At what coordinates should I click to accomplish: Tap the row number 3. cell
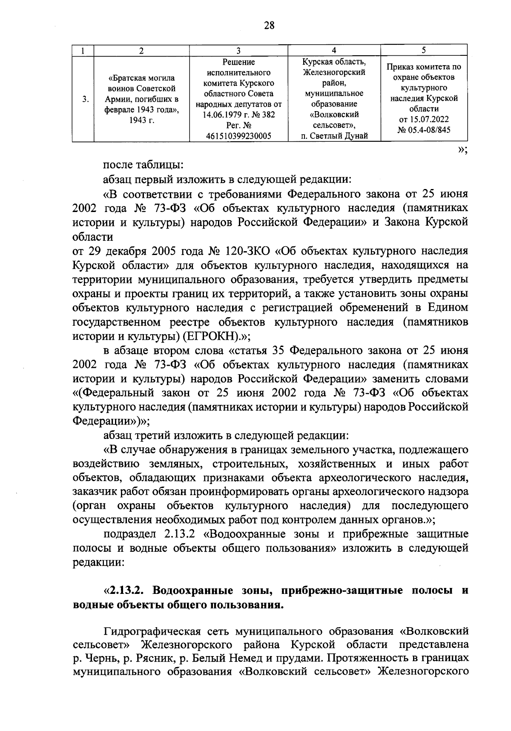tap(86, 99)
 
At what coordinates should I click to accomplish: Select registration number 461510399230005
tap(238, 136)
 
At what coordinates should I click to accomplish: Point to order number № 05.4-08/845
tap(424, 130)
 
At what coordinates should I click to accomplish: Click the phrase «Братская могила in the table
tap(142, 78)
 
